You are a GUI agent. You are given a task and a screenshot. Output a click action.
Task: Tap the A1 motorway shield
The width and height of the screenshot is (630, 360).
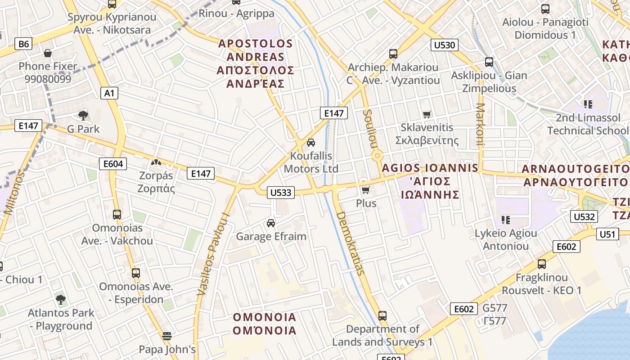[x=109, y=93]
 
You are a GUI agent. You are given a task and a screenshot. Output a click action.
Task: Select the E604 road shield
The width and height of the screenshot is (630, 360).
[x=113, y=164]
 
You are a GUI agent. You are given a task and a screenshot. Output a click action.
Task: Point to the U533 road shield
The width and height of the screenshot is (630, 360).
[x=281, y=193]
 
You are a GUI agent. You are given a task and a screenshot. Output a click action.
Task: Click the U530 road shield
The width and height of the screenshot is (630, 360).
[x=445, y=45]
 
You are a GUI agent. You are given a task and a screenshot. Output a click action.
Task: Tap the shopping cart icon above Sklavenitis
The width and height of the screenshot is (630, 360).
[x=427, y=115]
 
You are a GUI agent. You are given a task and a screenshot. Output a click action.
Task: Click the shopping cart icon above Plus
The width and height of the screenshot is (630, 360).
[x=366, y=190]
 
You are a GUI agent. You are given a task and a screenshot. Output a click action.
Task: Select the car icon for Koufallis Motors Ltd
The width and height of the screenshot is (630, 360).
[x=310, y=143]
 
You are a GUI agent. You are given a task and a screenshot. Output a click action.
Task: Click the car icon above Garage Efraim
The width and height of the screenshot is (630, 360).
[x=271, y=223]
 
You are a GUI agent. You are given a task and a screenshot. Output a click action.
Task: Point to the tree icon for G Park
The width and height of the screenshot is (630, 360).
[x=83, y=116]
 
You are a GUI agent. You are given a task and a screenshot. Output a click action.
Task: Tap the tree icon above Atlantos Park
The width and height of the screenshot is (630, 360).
[x=61, y=299]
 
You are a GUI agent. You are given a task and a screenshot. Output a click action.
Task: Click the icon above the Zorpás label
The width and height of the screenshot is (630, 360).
[x=156, y=162]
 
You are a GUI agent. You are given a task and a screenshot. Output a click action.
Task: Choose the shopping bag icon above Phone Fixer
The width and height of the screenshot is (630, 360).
[x=48, y=54]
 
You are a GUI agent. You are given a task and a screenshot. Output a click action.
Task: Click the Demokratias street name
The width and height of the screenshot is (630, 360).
[x=350, y=243]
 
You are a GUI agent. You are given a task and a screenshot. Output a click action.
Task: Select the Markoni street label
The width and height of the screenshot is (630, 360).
[x=480, y=125]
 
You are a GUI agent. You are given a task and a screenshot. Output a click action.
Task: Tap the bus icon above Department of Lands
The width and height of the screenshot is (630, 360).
[x=382, y=315]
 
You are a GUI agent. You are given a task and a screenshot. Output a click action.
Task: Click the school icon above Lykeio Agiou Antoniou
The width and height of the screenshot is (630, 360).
[x=506, y=220]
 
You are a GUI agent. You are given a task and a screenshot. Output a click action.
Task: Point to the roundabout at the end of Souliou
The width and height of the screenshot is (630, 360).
[x=377, y=156]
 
